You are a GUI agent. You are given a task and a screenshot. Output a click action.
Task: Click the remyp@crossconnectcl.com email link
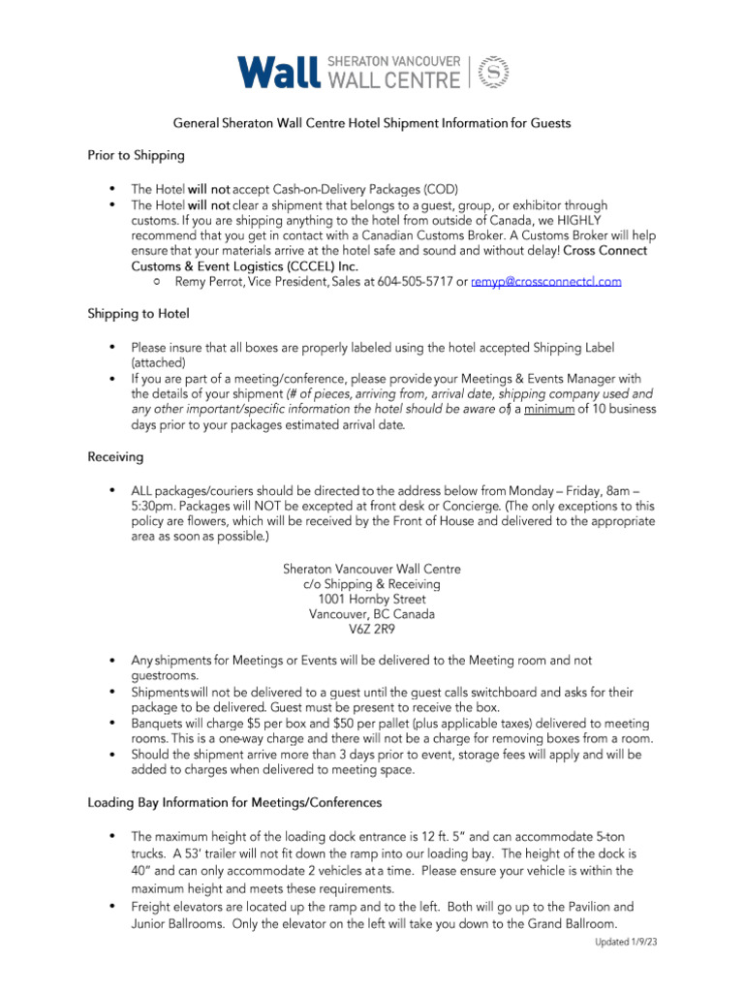pos(546,281)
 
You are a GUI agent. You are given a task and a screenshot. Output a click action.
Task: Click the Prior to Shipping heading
pos(137,155)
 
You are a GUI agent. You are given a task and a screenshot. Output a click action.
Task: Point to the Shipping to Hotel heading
pos(139,314)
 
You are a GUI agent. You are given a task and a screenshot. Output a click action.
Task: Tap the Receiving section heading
pos(115,456)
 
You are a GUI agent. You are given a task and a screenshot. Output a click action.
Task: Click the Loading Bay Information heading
pos(234,803)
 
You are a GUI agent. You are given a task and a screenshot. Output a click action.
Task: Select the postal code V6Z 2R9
pos(372,629)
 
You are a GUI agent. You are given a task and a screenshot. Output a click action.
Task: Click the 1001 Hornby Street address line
pos(372,599)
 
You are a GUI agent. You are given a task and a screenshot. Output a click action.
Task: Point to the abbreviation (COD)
pos(441,189)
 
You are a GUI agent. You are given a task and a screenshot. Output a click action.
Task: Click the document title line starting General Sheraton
pos(372,123)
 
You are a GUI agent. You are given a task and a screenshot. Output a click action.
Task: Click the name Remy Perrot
pos(208,281)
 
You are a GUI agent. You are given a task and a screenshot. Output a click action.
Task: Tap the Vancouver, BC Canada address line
pos(372,614)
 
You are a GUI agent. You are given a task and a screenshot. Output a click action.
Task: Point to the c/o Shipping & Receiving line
pos(372,584)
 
